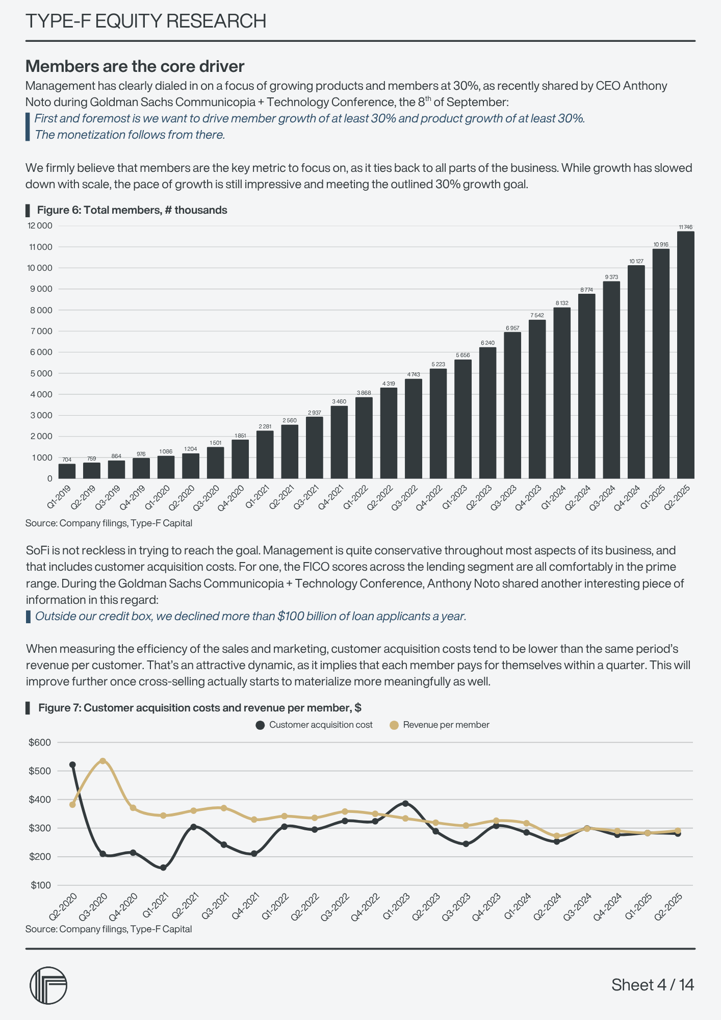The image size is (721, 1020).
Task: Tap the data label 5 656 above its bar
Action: tap(463, 355)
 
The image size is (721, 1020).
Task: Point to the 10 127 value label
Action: tap(636, 261)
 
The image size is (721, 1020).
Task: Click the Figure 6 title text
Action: tap(132, 210)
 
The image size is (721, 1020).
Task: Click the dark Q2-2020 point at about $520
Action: tap(72, 764)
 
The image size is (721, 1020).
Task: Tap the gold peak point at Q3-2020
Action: tap(102, 760)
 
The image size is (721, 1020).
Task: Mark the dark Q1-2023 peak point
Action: tap(405, 803)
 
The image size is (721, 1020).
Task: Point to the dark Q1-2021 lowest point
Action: tap(163, 868)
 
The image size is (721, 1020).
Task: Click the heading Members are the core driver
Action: tap(135, 66)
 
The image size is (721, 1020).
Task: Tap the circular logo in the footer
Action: tap(48, 985)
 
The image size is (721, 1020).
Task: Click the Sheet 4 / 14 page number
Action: tap(653, 985)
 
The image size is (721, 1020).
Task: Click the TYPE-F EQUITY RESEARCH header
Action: tap(146, 21)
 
